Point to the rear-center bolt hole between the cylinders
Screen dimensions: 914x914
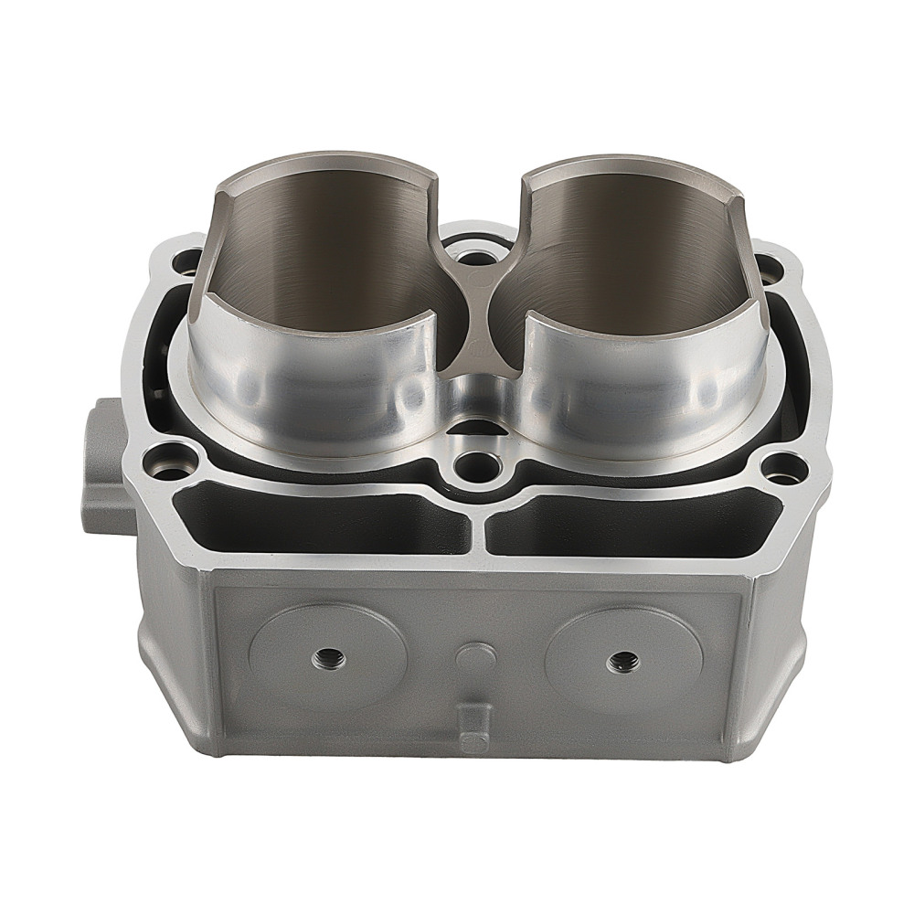(472, 248)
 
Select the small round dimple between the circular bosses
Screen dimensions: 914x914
(473, 654)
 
